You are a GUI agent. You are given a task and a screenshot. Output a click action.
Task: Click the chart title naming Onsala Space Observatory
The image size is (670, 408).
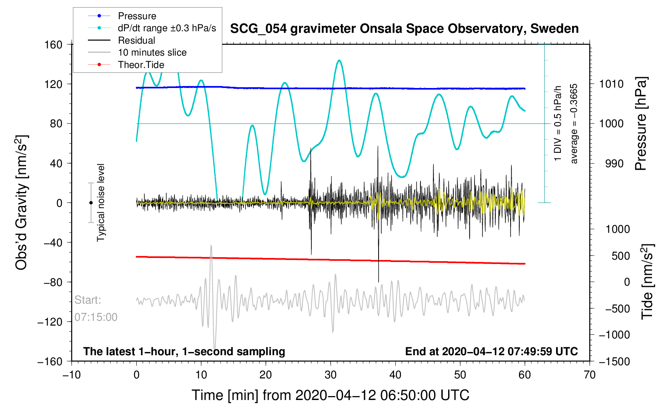404,29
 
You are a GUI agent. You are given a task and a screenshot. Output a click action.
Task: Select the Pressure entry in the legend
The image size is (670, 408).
137,16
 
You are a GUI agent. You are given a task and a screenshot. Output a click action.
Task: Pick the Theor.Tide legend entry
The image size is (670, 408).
141,65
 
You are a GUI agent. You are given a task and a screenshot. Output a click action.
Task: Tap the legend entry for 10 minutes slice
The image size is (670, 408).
152,52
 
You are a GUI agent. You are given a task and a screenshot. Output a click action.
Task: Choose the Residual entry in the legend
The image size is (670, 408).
136,40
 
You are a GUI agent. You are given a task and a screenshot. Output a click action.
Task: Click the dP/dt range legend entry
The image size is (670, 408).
167,28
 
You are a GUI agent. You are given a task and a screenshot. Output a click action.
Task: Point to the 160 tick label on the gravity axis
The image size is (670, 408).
54,44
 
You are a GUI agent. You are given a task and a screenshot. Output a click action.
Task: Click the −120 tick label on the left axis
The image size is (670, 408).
50,322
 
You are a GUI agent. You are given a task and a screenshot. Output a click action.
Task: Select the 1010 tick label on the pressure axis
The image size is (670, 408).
611,84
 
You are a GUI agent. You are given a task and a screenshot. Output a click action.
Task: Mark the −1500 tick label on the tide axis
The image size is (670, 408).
614,362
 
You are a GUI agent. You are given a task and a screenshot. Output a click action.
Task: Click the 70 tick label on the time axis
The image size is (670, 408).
589,375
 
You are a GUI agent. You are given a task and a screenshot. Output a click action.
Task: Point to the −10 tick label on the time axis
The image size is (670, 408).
72,375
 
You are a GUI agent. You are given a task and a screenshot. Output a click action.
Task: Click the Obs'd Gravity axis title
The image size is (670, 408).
21,203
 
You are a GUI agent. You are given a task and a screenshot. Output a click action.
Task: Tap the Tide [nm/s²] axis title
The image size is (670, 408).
647,282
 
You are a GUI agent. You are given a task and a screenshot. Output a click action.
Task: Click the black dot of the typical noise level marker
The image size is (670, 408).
91,203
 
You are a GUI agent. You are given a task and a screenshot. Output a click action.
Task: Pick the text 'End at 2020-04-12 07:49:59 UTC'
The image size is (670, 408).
491,352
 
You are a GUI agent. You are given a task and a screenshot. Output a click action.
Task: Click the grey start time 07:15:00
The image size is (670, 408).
96,317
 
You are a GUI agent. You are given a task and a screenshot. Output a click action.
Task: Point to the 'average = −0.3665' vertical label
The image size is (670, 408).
574,124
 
